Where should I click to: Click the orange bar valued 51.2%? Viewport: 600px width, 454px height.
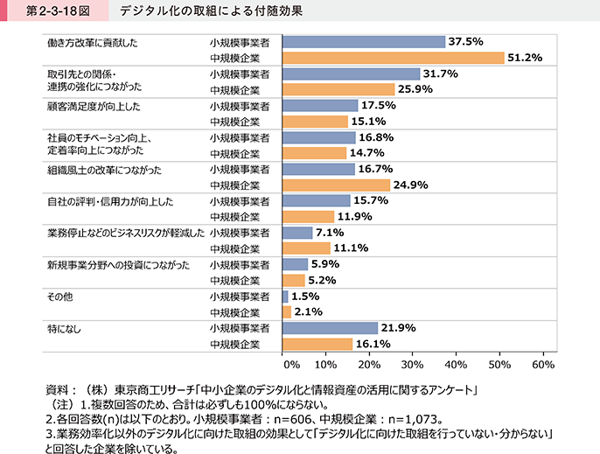click(x=394, y=58)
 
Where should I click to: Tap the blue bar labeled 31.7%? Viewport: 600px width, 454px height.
click(x=352, y=73)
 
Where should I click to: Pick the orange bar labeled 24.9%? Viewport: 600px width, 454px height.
click(x=337, y=185)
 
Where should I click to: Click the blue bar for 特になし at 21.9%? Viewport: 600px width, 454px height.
click(x=331, y=328)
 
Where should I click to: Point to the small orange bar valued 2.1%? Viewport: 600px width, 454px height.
click(x=287, y=311)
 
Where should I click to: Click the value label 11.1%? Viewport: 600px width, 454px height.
click(x=352, y=248)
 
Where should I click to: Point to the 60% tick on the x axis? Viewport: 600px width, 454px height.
click(x=542, y=363)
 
